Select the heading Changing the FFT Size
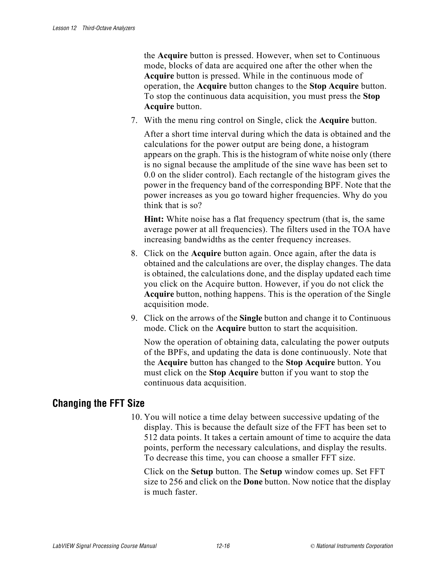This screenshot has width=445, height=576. coord(98,403)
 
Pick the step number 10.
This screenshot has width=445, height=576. coord(136,417)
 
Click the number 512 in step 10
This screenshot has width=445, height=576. coord(151,438)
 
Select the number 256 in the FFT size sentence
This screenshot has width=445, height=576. coord(176,482)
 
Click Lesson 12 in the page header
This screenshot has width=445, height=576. coord(65,28)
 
